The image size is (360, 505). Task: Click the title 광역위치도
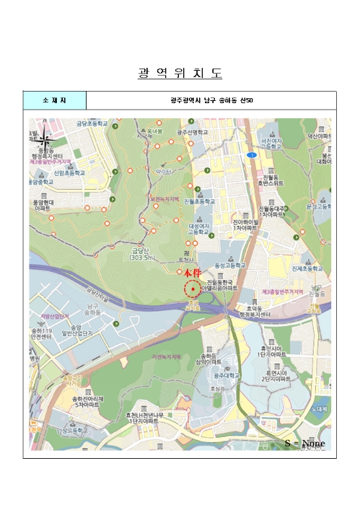click(x=180, y=74)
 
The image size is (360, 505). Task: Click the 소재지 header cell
click(x=54, y=100)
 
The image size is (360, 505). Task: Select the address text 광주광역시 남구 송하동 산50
click(x=211, y=100)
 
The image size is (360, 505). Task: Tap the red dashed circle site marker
click(x=192, y=290)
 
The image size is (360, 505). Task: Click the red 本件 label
click(x=190, y=273)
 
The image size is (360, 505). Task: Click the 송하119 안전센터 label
click(x=40, y=334)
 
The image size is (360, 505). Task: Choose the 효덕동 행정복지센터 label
click(x=254, y=311)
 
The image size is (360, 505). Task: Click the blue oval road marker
click(x=251, y=155)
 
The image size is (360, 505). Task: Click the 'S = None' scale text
click(x=304, y=443)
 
